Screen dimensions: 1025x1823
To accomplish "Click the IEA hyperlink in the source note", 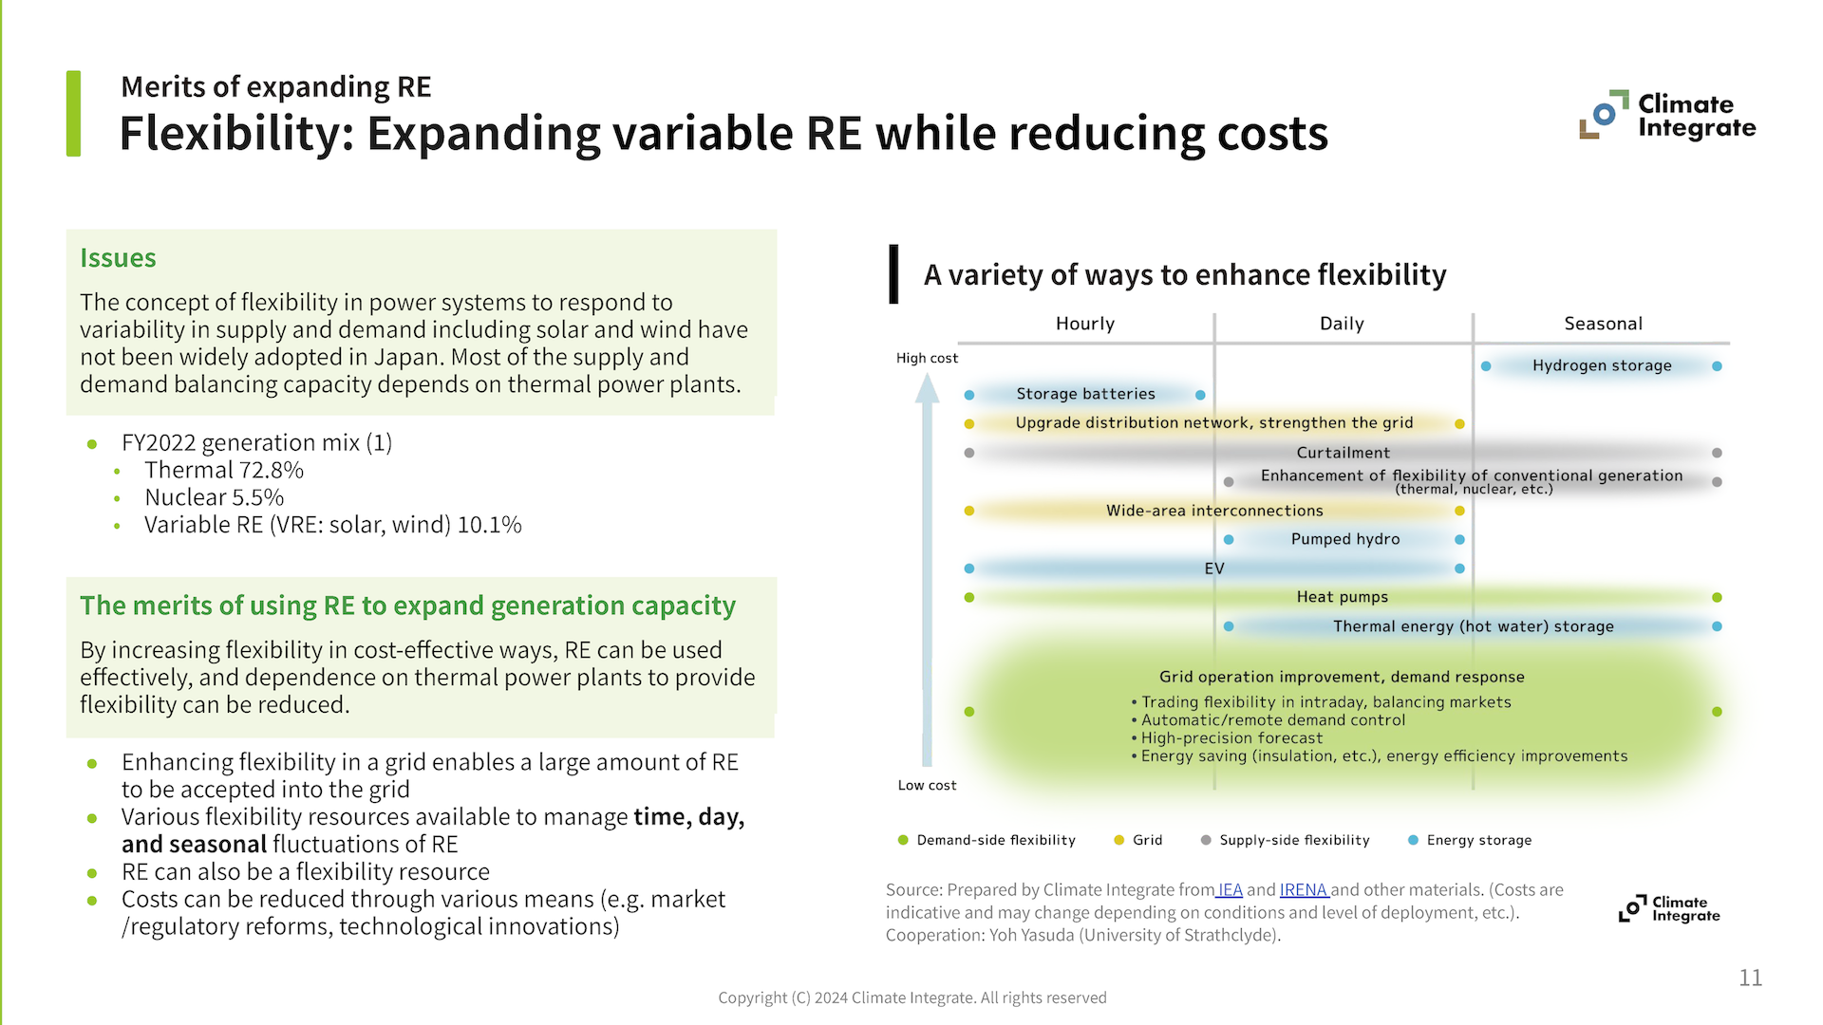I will point(1231,890).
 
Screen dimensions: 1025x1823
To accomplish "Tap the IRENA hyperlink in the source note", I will point(1303,890).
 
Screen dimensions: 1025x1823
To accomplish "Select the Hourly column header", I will point(1085,324).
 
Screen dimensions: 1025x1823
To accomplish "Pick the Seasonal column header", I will point(1603,324).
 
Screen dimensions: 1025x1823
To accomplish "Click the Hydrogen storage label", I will point(1602,365).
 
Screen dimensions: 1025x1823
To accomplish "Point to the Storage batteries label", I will point(1085,394).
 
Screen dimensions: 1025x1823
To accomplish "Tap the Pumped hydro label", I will point(1344,539).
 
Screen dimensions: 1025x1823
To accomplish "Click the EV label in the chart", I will point(1214,568).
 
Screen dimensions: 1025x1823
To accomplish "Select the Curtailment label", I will point(1343,453).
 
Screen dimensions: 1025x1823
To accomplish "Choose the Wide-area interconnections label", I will point(1214,511).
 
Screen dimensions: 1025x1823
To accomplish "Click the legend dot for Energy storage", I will point(1413,840).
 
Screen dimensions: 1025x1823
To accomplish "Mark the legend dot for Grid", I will point(1118,840).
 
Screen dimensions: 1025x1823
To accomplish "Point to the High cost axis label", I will point(927,358).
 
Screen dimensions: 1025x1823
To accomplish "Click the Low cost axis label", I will point(927,785).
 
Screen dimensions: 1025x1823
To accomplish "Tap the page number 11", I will point(1750,978).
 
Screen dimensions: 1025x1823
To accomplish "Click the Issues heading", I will point(118,258).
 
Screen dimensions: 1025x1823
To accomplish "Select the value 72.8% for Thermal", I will point(272,471).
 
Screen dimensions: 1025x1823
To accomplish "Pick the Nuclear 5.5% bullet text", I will point(214,497).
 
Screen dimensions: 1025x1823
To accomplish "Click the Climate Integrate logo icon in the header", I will point(1603,116).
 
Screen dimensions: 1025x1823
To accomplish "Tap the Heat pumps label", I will point(1342,597).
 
